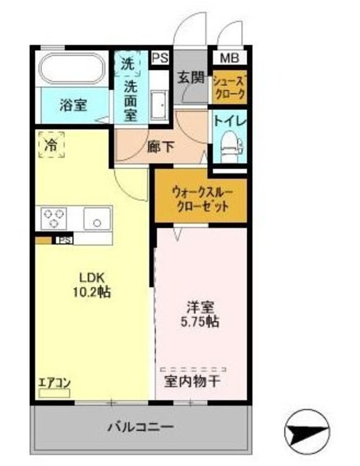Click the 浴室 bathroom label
73,105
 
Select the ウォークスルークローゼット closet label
201,199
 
